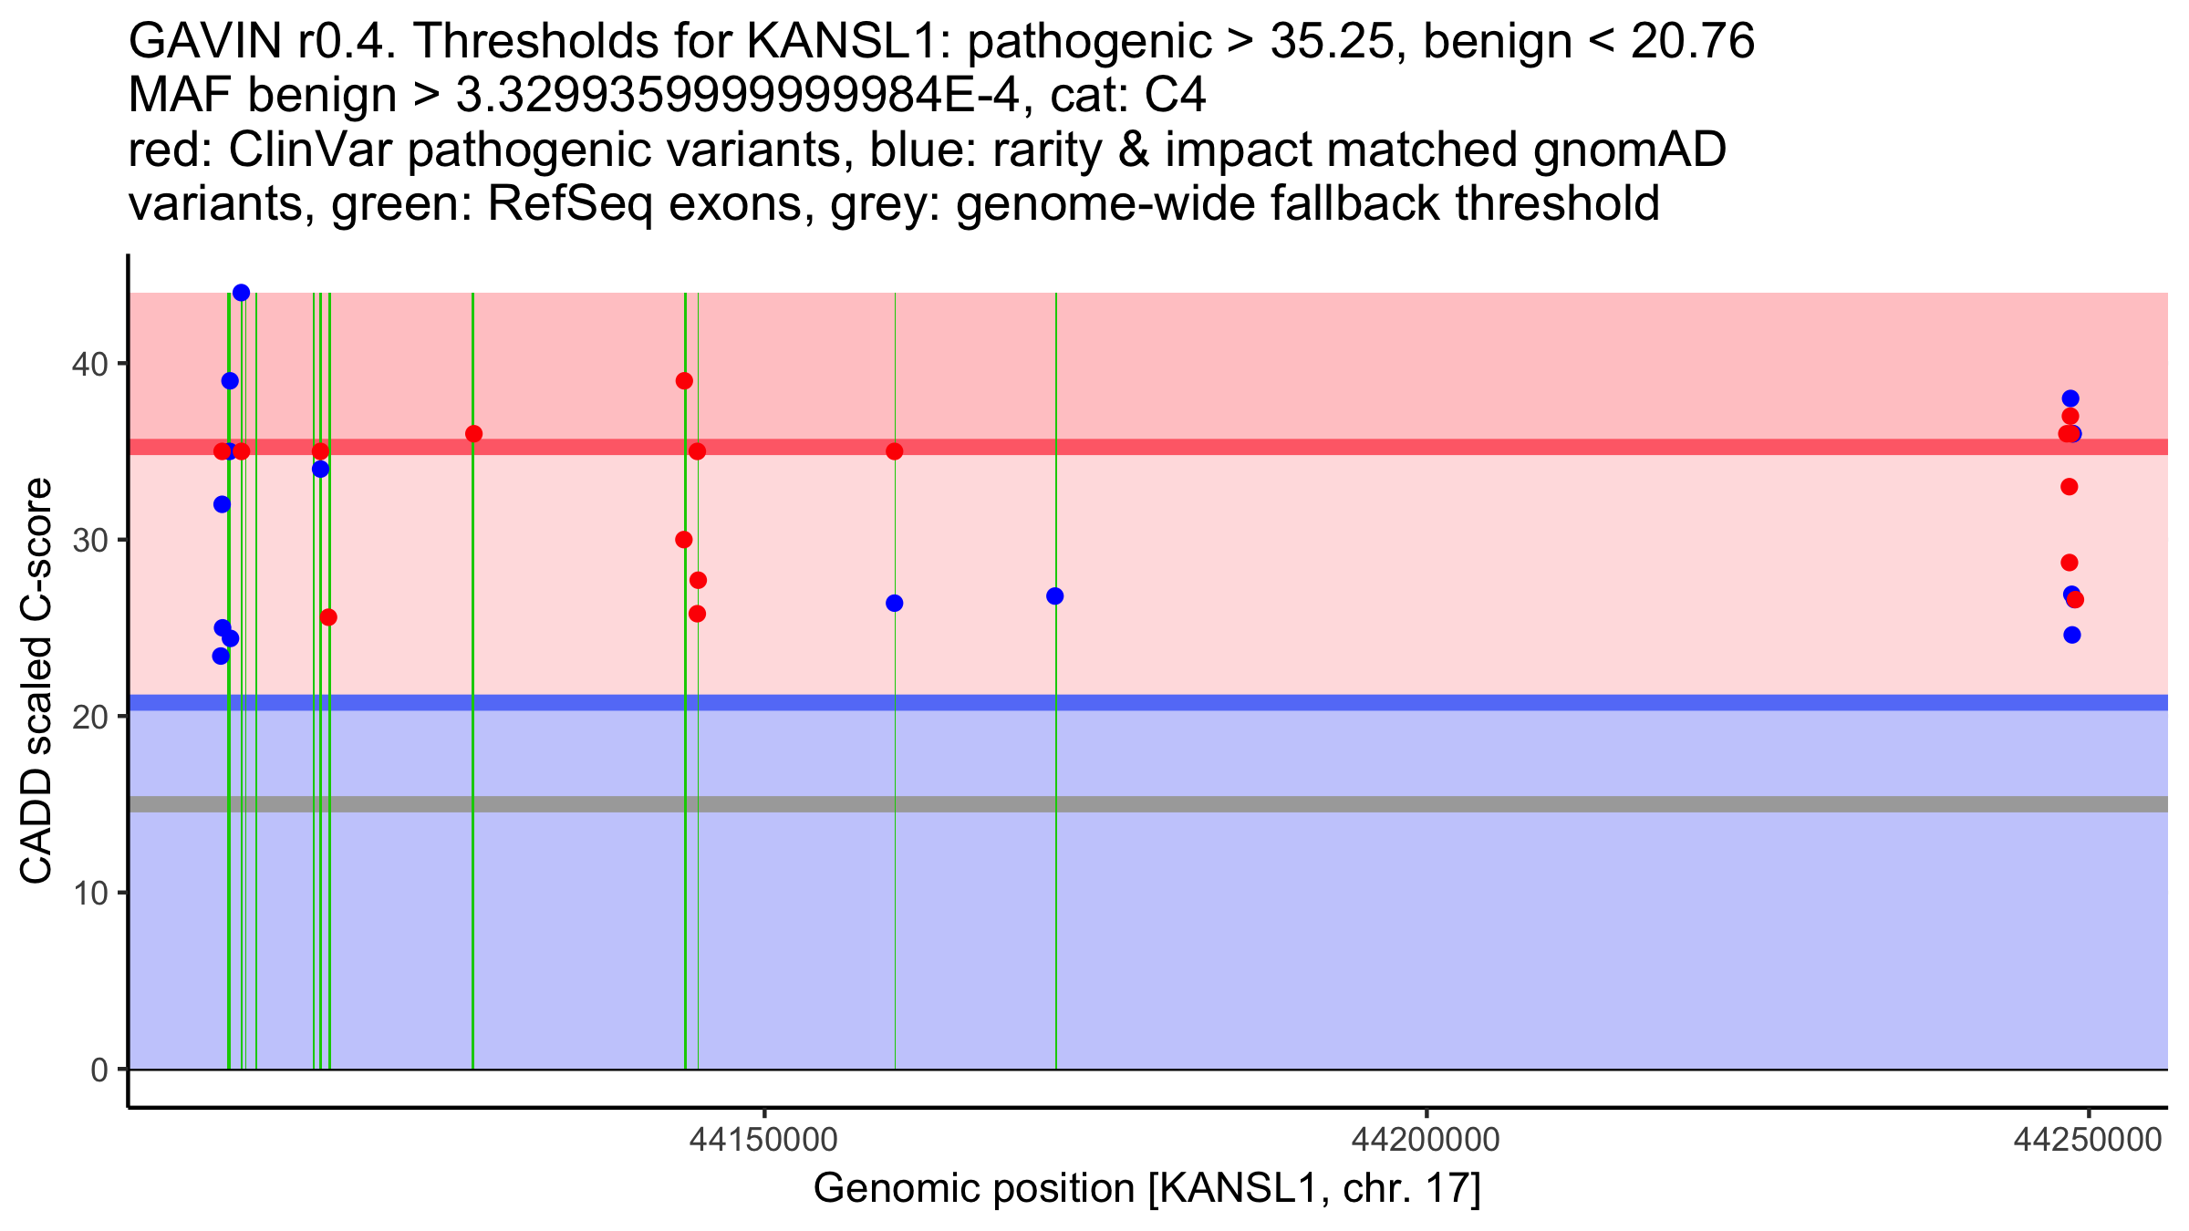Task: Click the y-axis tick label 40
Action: (x=88, y=364)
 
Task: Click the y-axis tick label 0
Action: (x=99, y=1070)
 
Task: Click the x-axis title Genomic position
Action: (x=1146, y=1189)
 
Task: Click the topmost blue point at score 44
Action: (x=241, y=293)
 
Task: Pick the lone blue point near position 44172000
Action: (x=1055, y=596)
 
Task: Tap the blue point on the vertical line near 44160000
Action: (x=894, y=604)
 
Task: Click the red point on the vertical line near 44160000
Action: (x=894, y=451)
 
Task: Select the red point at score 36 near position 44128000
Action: (x=473, y=434)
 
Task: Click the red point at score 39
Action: (x=684, y=381)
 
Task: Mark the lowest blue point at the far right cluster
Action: (x=2072, y=635)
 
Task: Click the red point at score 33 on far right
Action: (x=2070, y=487)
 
